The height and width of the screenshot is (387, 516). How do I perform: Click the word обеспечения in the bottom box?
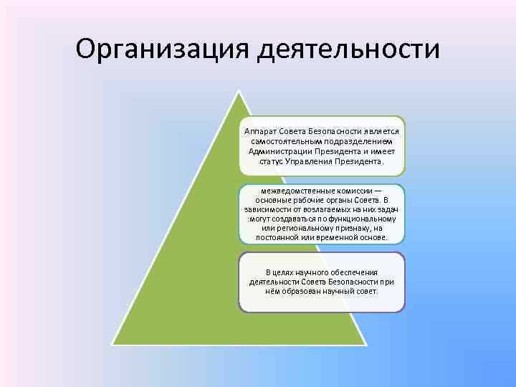[x=348, y=272]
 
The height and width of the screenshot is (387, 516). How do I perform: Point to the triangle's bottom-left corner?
[x=112, y=343]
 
